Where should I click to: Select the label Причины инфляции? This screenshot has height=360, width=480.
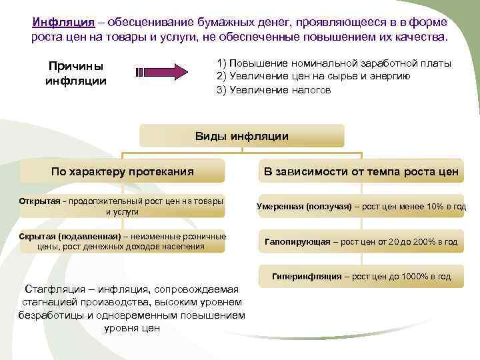click(x=75, y=74)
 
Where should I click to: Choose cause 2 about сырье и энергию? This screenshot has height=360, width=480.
click(x=313, y=76)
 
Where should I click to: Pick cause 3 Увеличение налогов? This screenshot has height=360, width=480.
click(x=273, y=89)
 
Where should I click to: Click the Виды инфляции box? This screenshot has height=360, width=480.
click(x=241, y=136)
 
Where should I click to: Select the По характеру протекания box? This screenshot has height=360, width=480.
click(x=122, y=171)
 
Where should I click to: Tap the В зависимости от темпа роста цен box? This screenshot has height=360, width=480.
click(x=361, y=171)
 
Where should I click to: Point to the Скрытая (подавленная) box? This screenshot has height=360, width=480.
click(x=122, y=241)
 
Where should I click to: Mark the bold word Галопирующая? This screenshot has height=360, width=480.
click(x=297, y=241)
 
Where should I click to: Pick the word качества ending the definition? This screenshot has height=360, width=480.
click(x=419, y=35)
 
